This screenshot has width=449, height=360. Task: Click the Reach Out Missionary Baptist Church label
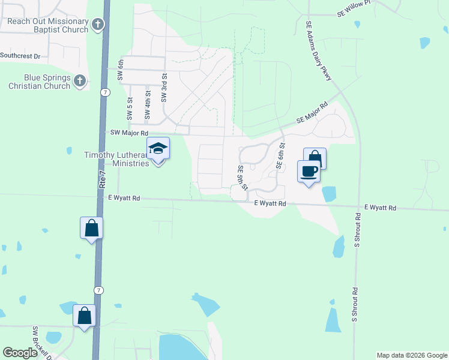coord(47,25)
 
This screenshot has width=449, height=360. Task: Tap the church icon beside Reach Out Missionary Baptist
coord(98,25)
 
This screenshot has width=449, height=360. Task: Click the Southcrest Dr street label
coord(20,56)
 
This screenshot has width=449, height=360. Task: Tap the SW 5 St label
coord(130,107)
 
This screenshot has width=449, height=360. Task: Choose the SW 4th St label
coord(147,107)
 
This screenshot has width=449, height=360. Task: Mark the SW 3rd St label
coord(163,88)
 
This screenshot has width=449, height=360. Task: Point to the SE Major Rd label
coord(312,113)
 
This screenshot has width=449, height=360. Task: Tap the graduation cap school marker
coord(158,149)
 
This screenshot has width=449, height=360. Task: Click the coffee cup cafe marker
coord(309,172)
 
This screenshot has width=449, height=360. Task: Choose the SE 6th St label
coord(280,155)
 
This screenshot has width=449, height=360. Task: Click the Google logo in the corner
coord(20,353)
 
